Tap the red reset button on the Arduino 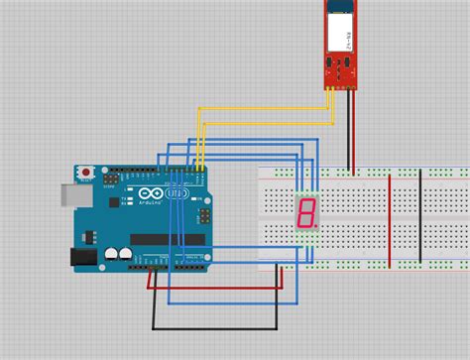click(86, 173)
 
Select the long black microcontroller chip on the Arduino click(169, 239)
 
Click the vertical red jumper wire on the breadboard click(389, 220)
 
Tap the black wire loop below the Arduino click(213, 328)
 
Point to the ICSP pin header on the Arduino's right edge click(205, 214)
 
